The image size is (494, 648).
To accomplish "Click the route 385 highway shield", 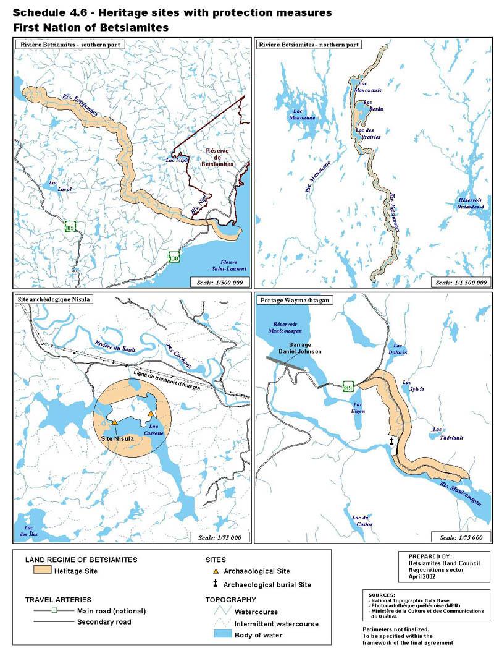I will coord(70,228).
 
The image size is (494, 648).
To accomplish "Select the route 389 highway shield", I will coord(348,387).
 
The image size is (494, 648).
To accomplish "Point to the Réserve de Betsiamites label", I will coord(209,160).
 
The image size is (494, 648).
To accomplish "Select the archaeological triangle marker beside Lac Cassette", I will coord(151,413).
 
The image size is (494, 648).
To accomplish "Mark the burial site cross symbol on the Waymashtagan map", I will coord(392,441).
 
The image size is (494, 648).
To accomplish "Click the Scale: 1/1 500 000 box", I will coord(459,282).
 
